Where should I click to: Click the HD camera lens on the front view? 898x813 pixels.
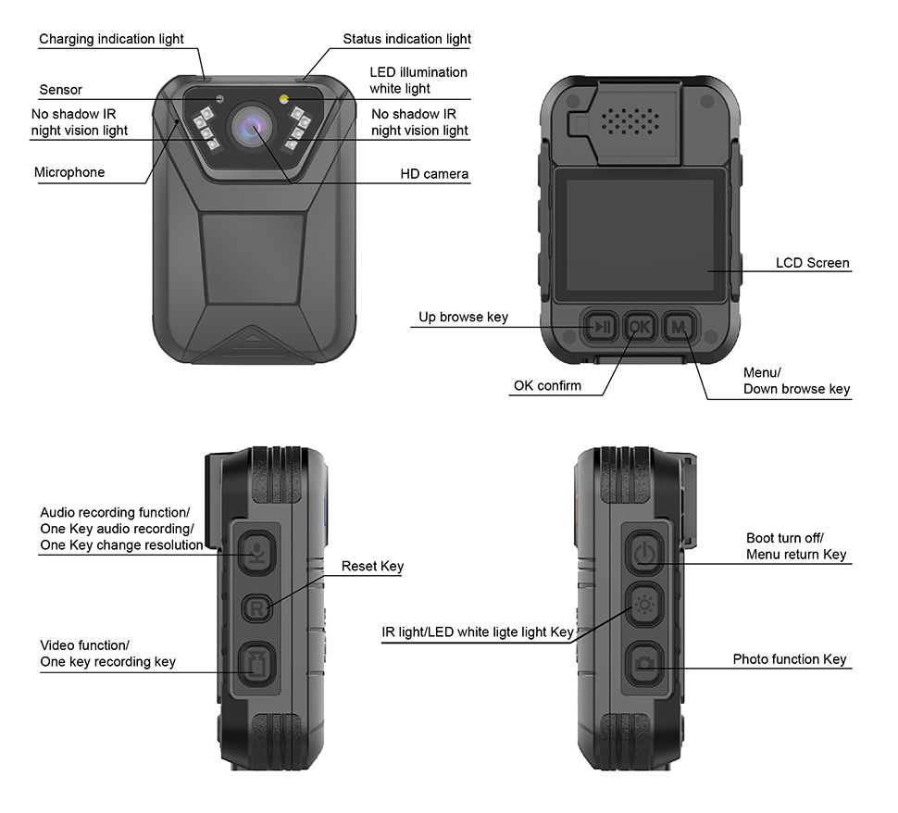(253, 127)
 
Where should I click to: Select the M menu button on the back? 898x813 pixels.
(680, 327)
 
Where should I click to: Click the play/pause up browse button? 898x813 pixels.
(602, 327)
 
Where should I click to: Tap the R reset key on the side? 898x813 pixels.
(257, 607)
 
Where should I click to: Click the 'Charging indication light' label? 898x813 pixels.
(111, 39)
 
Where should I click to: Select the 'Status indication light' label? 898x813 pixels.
(406, 39)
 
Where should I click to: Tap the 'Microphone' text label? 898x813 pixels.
(69, 172)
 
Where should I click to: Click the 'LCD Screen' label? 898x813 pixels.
(812, 263)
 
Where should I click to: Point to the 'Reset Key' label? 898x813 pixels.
(372, 566)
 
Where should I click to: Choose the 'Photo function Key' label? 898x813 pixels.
(789, 659)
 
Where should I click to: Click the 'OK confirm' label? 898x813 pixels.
(547, 385)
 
